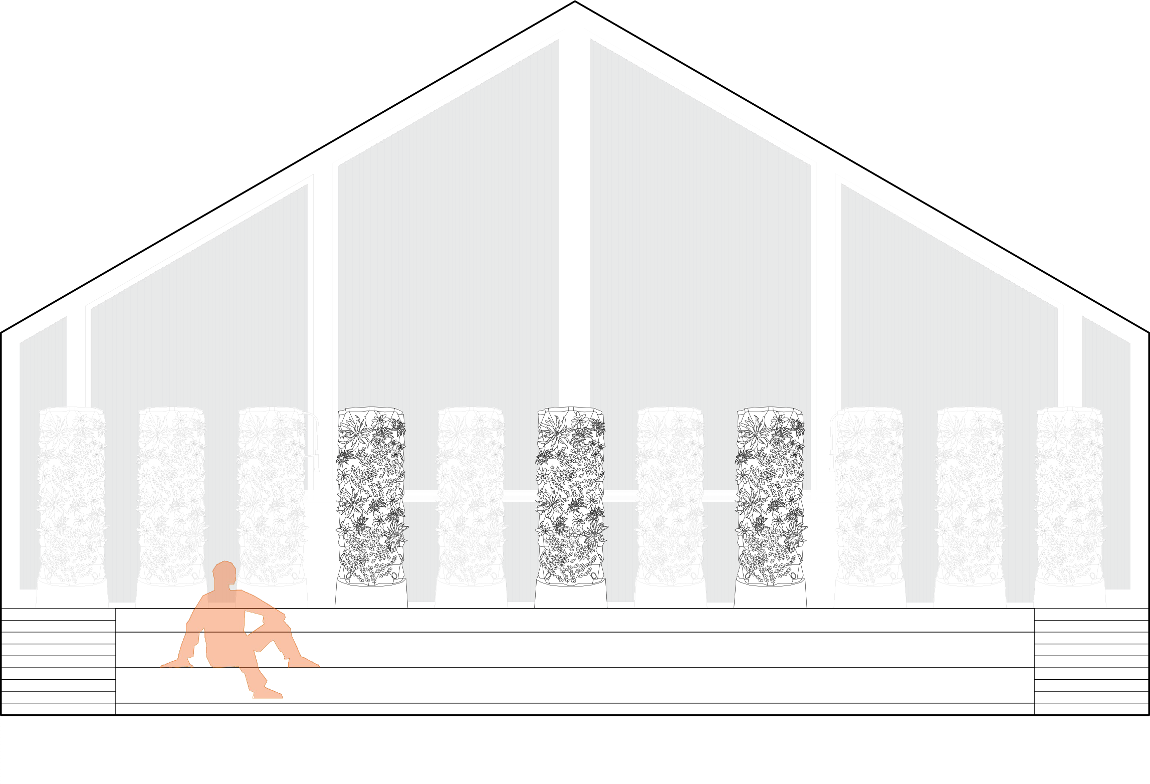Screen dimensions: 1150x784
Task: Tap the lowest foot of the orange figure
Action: tap(268, 694)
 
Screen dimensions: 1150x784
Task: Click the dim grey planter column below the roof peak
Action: tap(571, 496)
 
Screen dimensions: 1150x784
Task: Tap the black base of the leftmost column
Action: tap(72, 597)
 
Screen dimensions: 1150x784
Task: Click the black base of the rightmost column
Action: tap(1069, 597)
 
